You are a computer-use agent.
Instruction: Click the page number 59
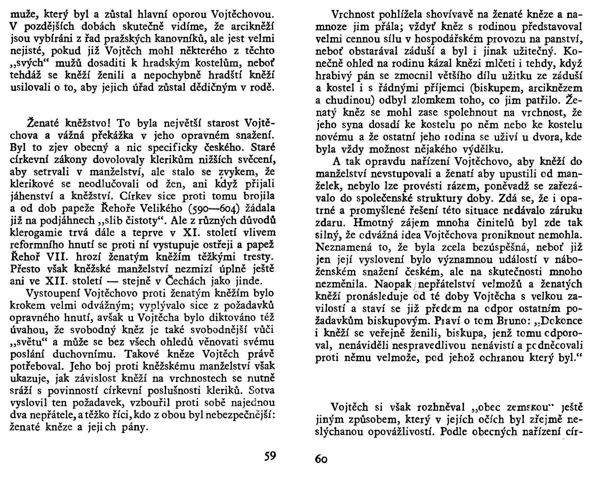tap(270, 456)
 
